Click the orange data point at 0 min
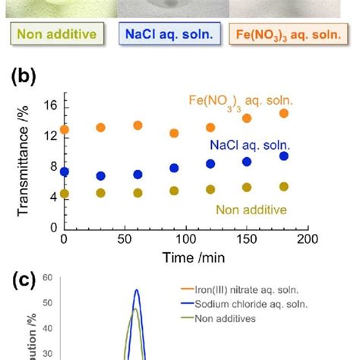coord(65,130)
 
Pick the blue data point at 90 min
coord(174,168)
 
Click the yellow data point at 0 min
coord(65,194)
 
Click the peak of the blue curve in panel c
coord(137,290)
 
